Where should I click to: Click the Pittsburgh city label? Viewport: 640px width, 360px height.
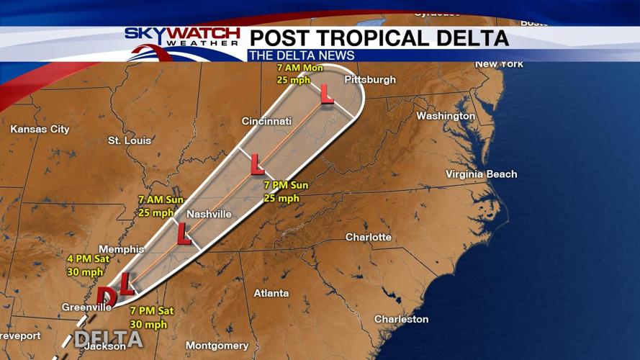pos(370,80)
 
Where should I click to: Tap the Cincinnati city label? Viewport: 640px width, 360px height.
pos(266,121)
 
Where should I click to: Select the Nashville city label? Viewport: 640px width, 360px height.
pos(209,214)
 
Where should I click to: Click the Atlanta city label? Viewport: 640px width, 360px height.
pos(271,293)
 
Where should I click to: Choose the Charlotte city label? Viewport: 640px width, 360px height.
pos(368,237)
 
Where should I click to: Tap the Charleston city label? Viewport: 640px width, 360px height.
pos(401,319)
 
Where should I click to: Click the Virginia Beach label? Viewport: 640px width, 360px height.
pos(481,174)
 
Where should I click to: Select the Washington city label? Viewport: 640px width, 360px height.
pos(446,116)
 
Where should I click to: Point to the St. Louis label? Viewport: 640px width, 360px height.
pos(130,140)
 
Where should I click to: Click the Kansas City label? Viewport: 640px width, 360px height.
pos(40,130)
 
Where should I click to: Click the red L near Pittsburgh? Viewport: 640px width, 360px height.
pos(327,93)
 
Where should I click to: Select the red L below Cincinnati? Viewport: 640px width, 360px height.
pos(257,166)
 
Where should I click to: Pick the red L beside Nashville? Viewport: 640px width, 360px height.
pos(184,233)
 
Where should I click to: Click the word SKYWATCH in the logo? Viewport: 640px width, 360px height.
pos(182,33)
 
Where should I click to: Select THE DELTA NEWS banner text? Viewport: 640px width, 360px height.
pos(301,55)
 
